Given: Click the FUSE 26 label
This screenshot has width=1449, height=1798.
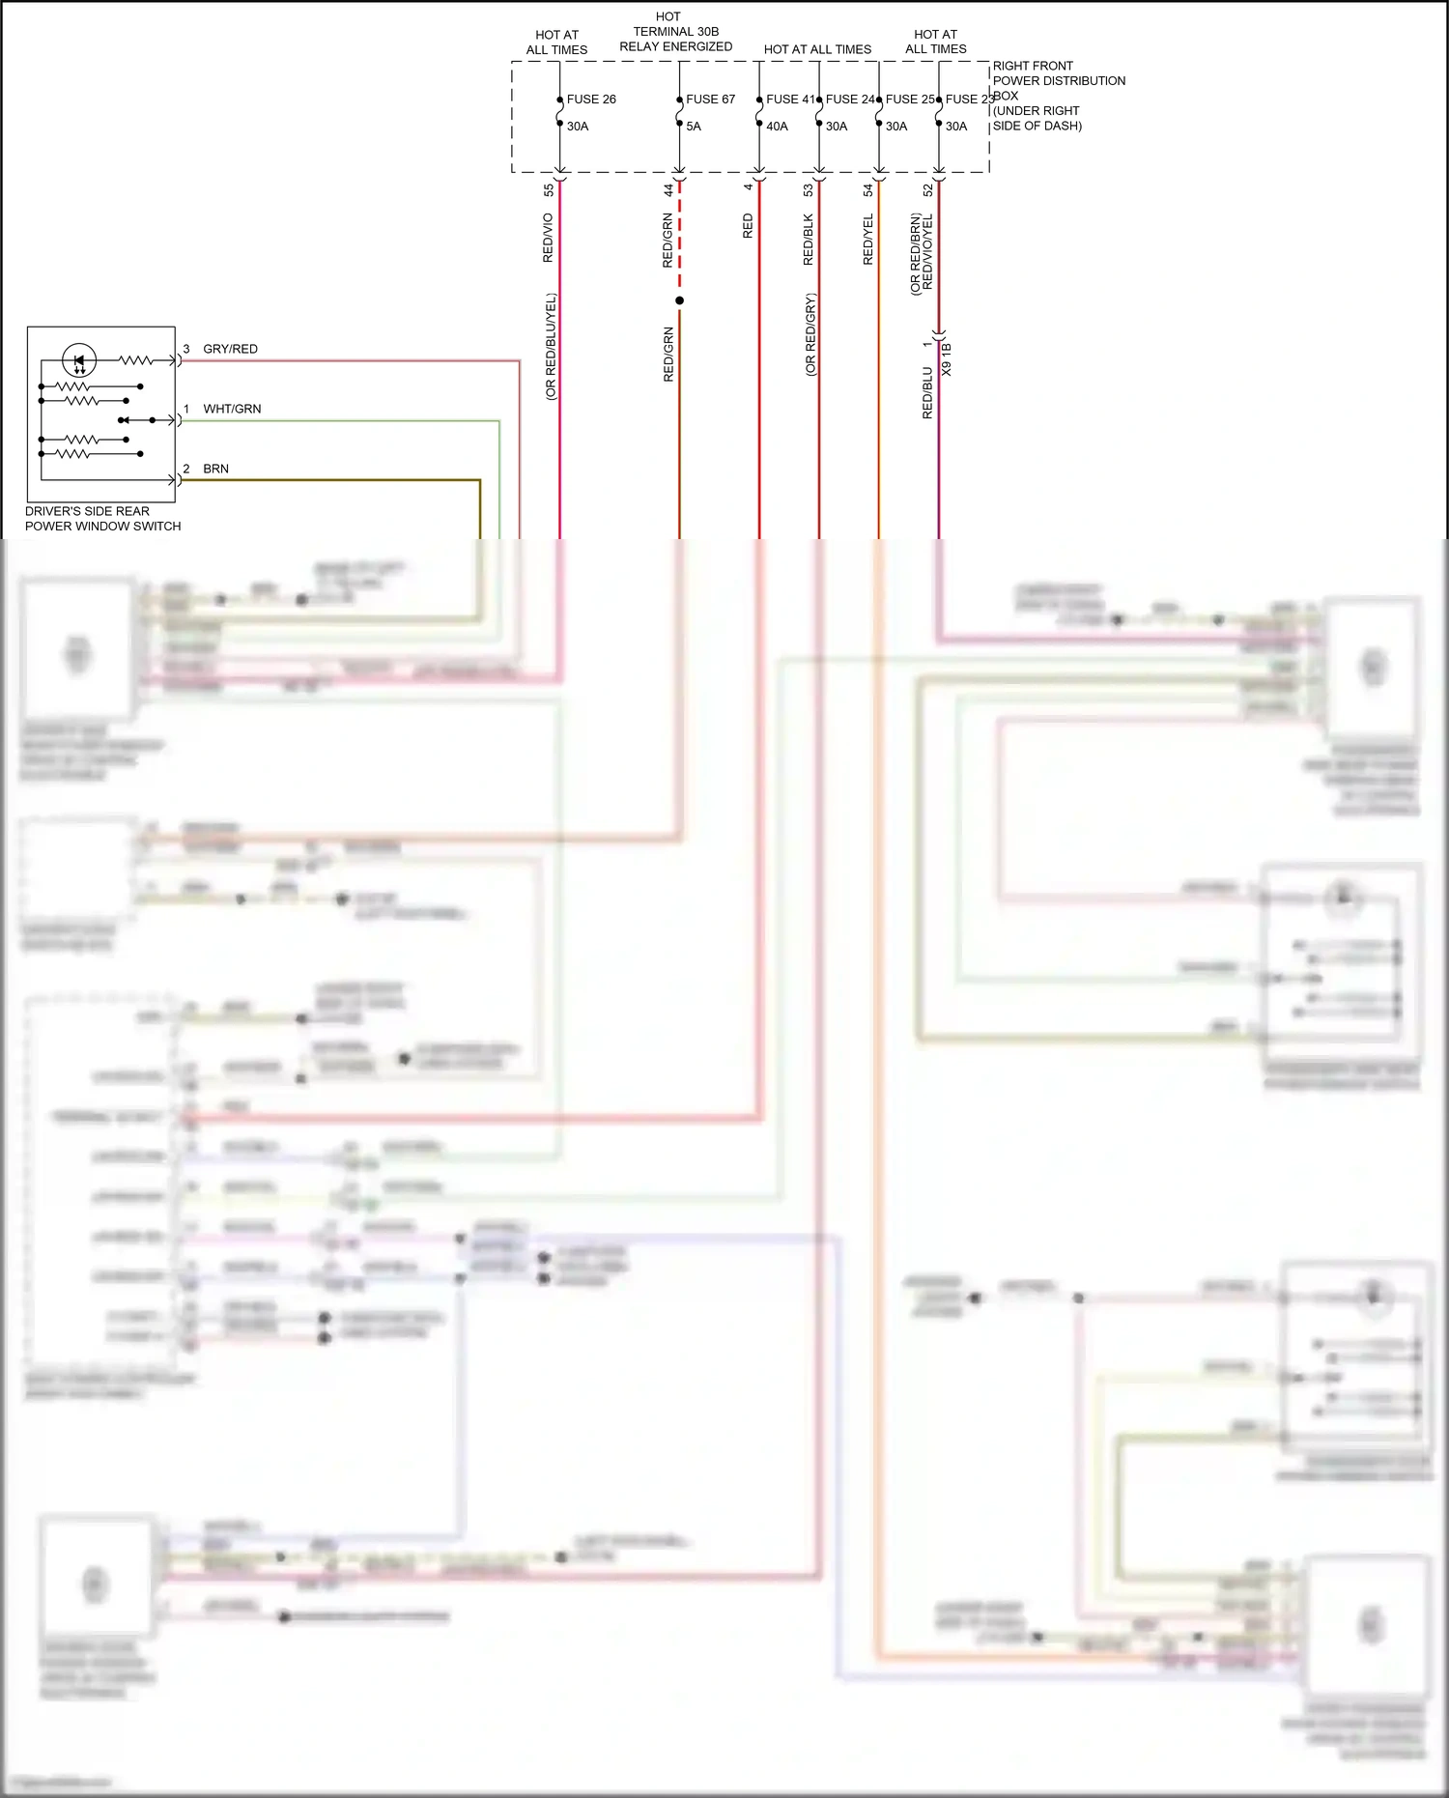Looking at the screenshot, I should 590,99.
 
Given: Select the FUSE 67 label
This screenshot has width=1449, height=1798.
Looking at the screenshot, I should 710,99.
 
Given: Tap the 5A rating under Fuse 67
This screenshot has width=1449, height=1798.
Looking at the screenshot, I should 694,126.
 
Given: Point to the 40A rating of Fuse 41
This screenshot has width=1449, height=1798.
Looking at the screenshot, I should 777,126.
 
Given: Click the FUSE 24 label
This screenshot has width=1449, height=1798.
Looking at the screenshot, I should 849,99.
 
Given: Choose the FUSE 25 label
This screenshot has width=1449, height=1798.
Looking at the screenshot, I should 909,99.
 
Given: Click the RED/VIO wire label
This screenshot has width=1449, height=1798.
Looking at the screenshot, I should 548,238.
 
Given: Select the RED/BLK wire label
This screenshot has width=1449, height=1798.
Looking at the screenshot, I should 809,240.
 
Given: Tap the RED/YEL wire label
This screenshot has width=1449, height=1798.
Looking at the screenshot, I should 867,240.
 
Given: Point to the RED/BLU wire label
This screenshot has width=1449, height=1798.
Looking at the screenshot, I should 927,391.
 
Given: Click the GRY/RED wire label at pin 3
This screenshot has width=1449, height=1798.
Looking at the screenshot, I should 230,349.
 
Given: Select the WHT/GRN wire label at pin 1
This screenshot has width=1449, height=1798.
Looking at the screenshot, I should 232,409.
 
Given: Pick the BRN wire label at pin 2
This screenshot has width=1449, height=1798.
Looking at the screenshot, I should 215,469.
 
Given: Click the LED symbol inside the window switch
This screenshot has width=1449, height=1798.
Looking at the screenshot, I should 79,361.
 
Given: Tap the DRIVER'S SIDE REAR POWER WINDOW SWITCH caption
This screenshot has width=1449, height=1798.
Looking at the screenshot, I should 102,519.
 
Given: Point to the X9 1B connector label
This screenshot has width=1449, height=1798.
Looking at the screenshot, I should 947,358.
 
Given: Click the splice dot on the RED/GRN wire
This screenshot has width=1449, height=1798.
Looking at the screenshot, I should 679,300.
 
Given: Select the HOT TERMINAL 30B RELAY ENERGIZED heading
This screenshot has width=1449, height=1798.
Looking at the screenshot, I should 675,31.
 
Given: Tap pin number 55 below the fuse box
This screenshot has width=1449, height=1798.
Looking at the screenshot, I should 549,190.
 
